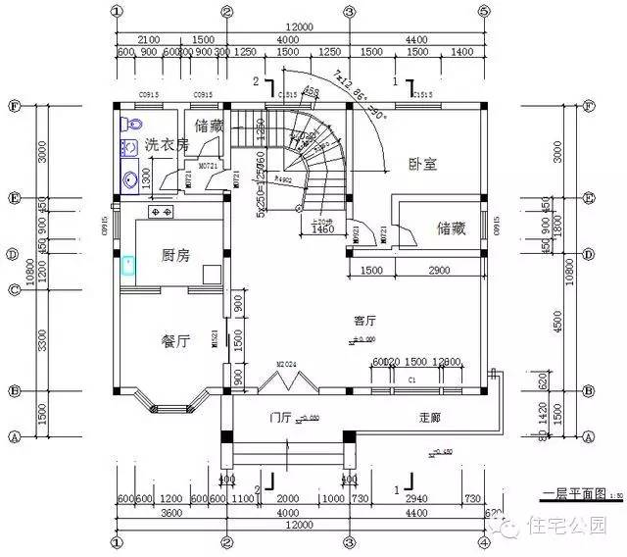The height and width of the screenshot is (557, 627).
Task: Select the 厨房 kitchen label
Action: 175,255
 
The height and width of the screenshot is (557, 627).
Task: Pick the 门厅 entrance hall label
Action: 281,418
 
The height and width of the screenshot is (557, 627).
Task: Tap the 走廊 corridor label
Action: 429,418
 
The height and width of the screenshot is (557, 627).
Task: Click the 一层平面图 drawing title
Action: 577,494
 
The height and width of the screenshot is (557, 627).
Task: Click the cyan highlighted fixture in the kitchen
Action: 127,264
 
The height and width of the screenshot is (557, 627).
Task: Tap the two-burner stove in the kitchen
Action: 160,212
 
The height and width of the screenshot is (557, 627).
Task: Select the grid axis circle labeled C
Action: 15,289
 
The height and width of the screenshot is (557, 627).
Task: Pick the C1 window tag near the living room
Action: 412,379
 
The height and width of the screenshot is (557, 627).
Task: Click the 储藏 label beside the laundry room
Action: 210,126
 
